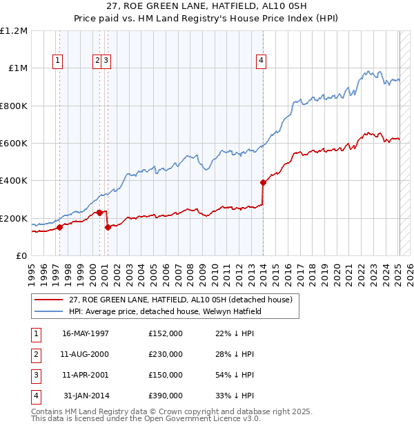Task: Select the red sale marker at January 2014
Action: point(263,183)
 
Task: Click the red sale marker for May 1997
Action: point(59,227)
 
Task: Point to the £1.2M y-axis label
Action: point(14,31)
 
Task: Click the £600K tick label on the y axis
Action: point(14,144)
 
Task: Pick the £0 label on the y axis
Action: point(21,256)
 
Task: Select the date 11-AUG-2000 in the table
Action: point(86,354)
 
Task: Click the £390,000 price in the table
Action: point(166,396)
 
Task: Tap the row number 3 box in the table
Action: point(35,375)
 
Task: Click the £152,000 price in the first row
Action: point(166,333)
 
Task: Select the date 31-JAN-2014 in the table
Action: point(86,396)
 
